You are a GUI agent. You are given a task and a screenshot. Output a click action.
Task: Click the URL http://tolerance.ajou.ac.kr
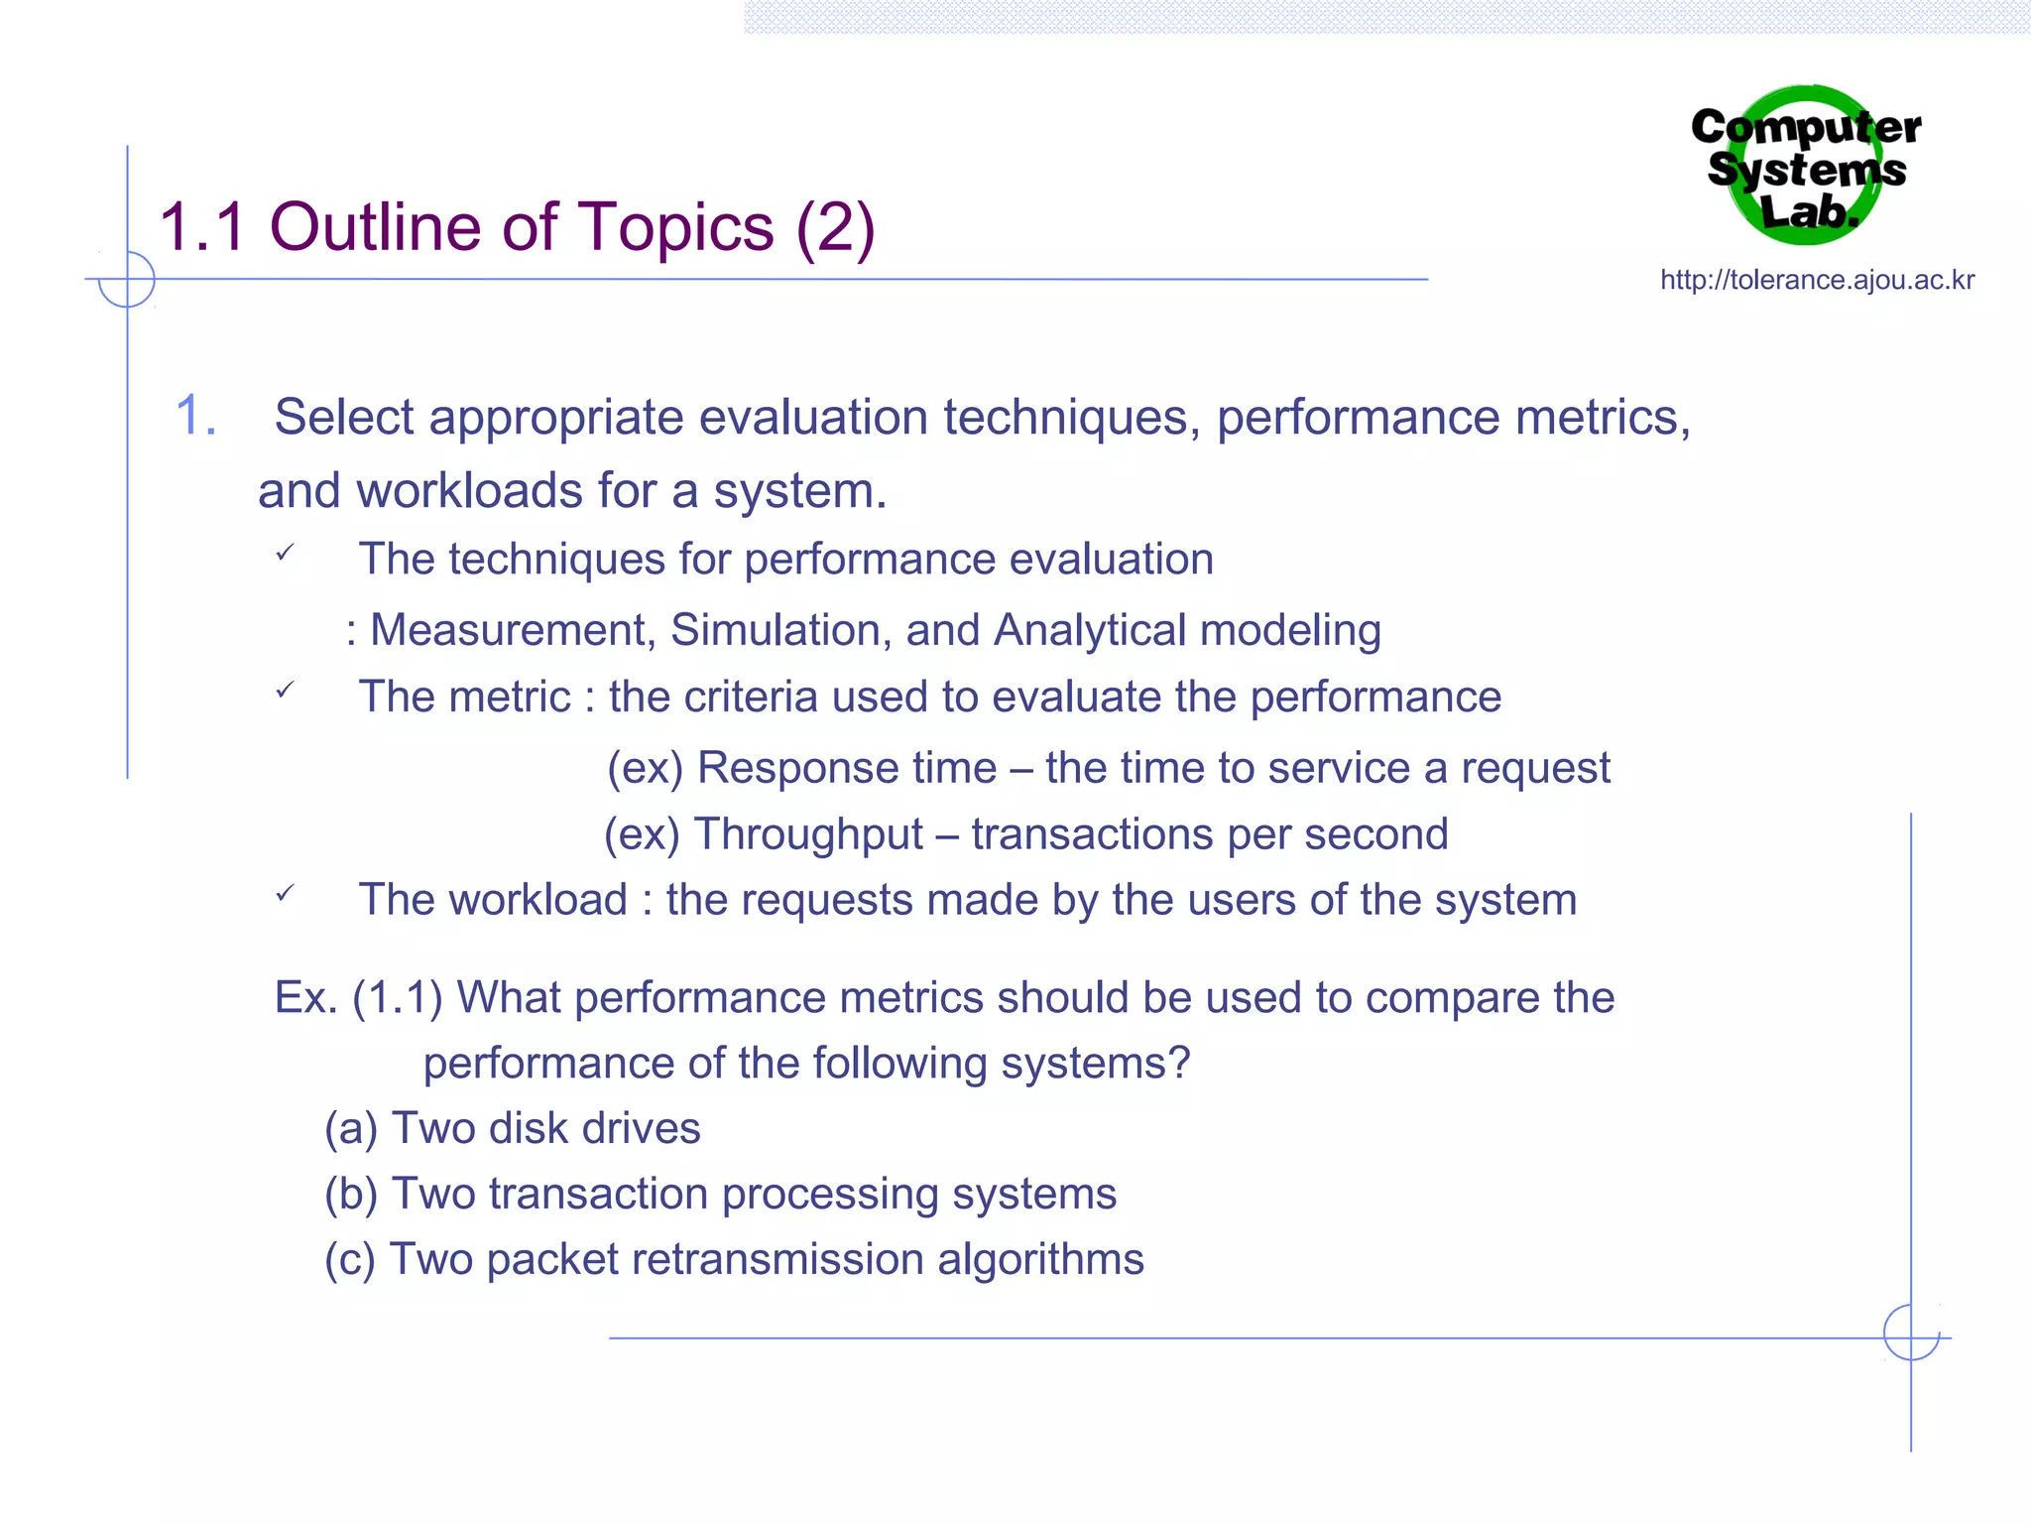point(1817,281)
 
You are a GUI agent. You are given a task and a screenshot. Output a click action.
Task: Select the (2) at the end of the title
point(835,227)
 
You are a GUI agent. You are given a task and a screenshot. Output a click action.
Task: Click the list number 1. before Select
point(195,416)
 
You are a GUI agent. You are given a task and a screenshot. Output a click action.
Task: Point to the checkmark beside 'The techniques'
point(285,553)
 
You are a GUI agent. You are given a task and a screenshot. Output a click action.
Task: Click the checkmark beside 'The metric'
point(285,690)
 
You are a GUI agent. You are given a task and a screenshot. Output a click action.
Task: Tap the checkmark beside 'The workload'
point(285,893)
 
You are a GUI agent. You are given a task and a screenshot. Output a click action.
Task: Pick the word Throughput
point(808,834)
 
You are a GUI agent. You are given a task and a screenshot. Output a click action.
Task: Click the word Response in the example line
point(847,768)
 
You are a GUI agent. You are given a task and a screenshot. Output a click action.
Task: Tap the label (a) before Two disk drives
point(351,1129)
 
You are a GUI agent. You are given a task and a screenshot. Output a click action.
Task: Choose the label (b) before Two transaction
point(351,1195)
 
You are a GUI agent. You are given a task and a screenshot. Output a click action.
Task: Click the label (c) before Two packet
point(350,1260)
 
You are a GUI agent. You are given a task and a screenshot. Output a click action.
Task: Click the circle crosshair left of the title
point(127,280)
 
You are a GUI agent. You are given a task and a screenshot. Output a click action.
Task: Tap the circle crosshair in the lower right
point(1911,1333)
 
